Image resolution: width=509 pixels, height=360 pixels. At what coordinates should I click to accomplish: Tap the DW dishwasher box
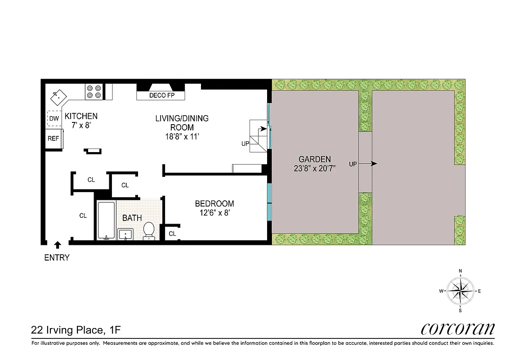click(54, 118)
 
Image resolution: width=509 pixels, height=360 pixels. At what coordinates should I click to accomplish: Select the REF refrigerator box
click(54, 139)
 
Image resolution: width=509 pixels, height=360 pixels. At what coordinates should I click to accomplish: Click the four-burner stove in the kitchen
click(94, 92)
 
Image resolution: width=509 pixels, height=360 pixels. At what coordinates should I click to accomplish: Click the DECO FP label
click(161, 95)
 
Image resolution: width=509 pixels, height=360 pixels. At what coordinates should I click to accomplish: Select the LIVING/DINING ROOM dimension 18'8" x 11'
click(182, 136)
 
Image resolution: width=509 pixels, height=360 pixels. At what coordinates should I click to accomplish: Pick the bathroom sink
click(125, 234)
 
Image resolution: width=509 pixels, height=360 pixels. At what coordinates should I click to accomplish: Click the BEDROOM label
click(214, 204)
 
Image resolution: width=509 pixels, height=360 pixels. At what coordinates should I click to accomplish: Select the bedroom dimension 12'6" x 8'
click(214, 213)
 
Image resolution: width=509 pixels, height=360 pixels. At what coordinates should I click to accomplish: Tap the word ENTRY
click(57, 258)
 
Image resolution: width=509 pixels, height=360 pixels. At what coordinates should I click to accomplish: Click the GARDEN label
click(315, 159)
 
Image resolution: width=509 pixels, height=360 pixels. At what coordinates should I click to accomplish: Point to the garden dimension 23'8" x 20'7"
click(315, 168)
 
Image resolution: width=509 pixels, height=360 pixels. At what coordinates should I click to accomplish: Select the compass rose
click(460, 291)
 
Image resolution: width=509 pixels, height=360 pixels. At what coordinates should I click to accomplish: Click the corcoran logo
click(457, 329)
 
